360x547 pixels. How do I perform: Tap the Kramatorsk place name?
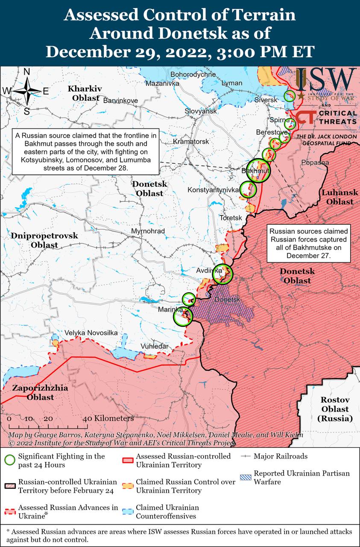[191, 141]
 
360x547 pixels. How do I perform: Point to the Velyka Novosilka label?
[91, 333]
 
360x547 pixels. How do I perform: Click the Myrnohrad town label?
[148, 231]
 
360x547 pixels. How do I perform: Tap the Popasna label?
[315, 162]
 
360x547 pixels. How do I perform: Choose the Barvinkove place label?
[120, 100]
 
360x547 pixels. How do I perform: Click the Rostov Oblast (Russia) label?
[335, 409]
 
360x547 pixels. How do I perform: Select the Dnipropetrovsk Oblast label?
[44, 240]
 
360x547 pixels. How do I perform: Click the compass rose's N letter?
[26, 72]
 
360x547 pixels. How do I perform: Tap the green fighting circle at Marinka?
[183, 317]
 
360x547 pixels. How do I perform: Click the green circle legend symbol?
[9, 460]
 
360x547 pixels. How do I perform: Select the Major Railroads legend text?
[280, 456]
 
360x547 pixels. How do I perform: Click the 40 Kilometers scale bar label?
[108, 418]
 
